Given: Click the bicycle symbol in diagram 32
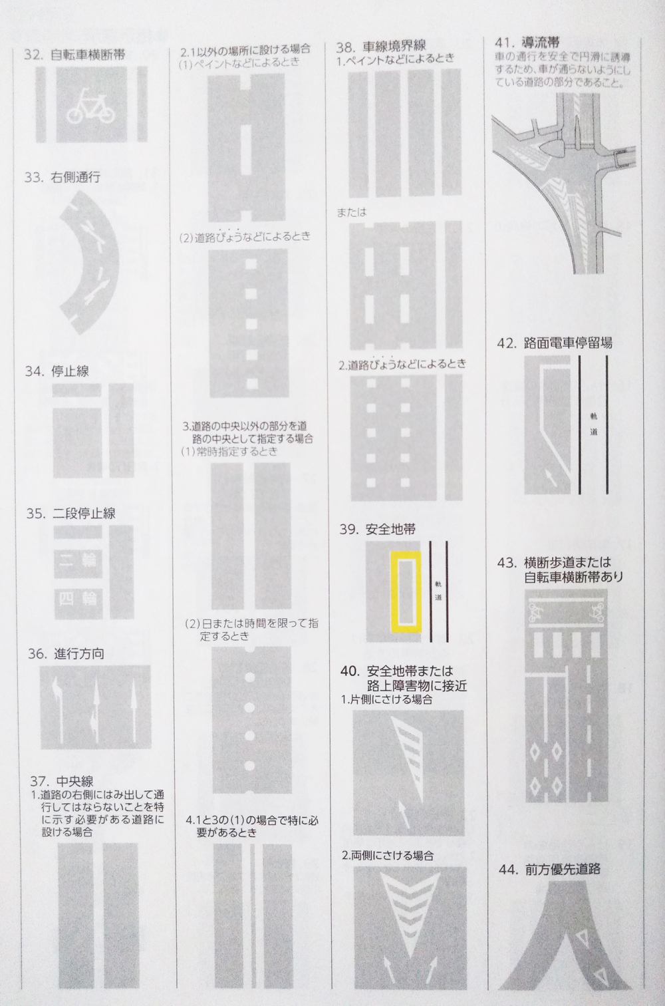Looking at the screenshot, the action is point(89,106).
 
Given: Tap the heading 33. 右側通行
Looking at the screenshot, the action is point(63,178).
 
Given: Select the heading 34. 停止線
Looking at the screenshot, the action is point(57,371).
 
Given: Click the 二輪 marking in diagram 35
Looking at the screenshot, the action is point(78,560).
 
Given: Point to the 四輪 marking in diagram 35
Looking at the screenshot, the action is point(78,599).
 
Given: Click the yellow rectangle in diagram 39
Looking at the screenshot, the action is point(406,591).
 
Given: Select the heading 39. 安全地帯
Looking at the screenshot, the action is point(377,530).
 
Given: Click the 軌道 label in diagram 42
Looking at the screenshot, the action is point(594,425).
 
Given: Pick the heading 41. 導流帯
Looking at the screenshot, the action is point(527,42).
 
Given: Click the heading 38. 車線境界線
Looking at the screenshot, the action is point(381,45).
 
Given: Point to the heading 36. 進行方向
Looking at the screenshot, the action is point(66,654).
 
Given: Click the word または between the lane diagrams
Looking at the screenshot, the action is point(352,212).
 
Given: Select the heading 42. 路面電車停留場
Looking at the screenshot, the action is point(555,343).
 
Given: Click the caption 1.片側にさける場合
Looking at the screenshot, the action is point(386,699).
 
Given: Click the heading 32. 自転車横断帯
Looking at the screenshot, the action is point(74,55).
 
